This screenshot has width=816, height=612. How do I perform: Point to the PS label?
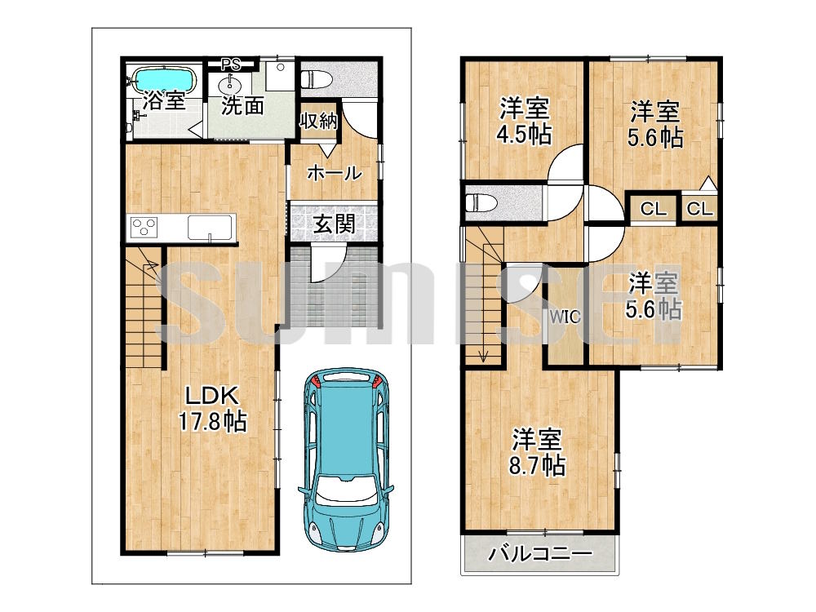tap(231, 62)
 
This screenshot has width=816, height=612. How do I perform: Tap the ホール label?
tap(334, 172)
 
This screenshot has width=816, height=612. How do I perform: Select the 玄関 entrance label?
tap(334, 223)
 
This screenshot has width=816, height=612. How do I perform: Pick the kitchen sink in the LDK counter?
tap(211, 226)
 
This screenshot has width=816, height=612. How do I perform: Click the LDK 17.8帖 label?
tap(212, 409)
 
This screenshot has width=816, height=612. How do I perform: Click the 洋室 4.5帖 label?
tap(524, 121)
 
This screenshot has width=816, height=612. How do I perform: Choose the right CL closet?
tap(699, 209)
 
